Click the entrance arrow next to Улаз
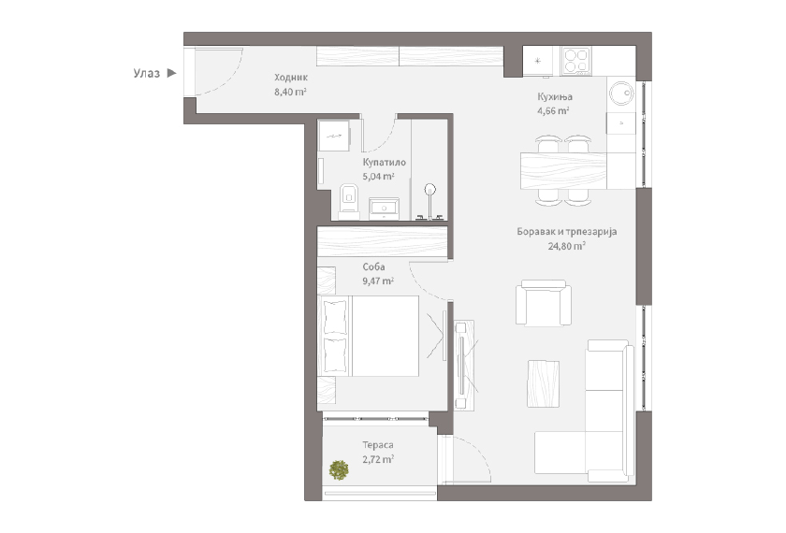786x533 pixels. pos(171,73)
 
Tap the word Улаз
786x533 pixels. pos(146,73)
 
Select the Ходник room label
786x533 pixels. pos(291,78)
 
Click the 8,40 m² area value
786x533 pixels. pos(290,92)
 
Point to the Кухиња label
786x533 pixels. pos(555,96)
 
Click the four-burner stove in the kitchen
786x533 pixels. pos(576,61)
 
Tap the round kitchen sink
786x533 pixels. pos(621,94)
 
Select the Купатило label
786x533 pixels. pos(384,163)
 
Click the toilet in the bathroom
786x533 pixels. pos(348,201)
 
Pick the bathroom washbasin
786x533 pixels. pos(384,208)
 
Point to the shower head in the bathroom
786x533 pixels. pos(430,190)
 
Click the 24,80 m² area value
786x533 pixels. pos(567,246)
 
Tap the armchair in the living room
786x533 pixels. pos(544,302)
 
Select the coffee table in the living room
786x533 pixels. pos(543,383)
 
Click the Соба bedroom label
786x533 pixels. pos(373,267)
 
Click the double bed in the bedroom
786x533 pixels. pos(369,336)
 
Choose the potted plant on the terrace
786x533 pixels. pos(339,469)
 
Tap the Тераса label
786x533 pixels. pos(378,445)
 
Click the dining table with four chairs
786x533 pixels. pos(563,170)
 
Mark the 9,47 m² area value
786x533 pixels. pos(378,281)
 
